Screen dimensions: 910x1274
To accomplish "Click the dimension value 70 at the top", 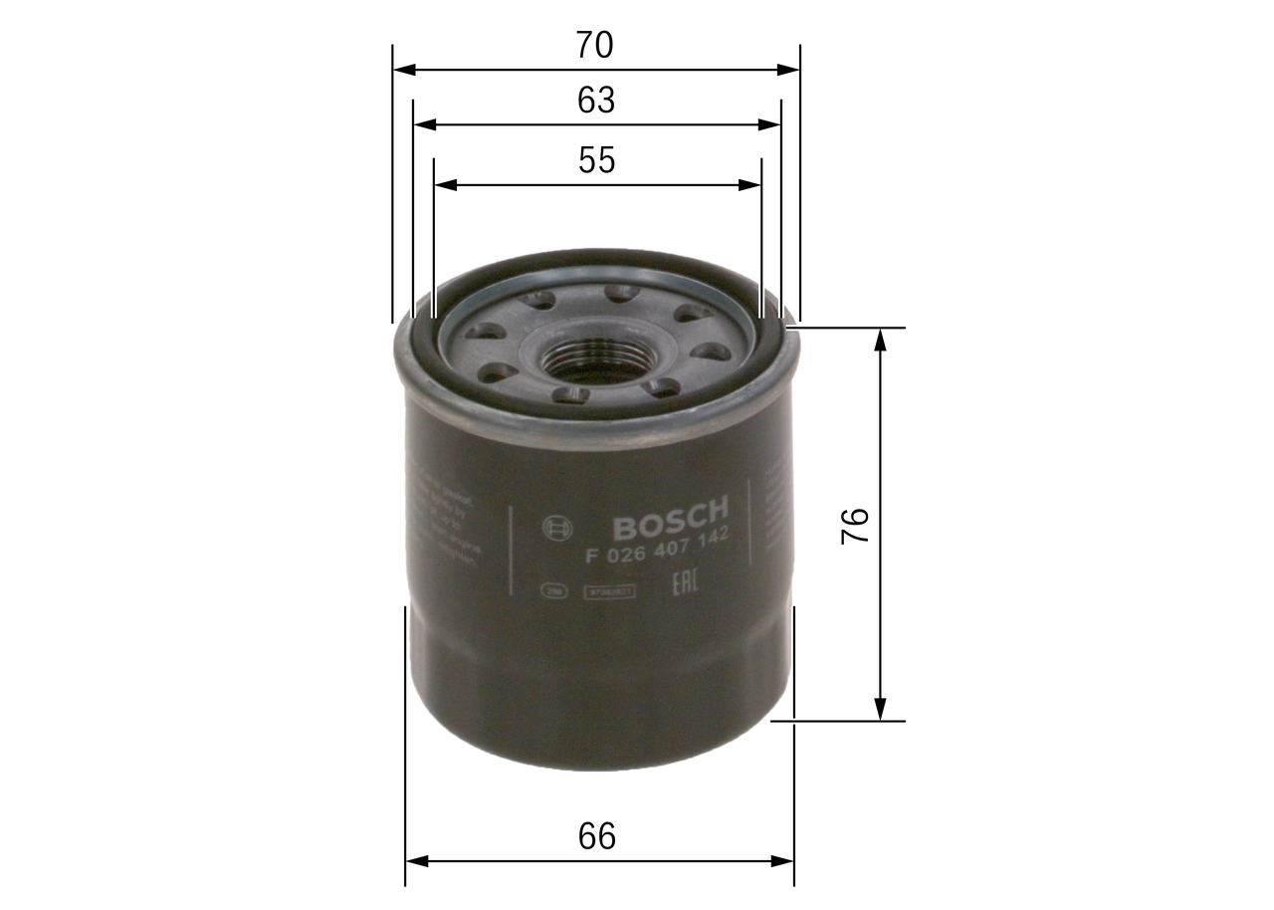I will (x=595, y=45).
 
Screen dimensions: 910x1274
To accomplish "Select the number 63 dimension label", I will (x=596, y=101).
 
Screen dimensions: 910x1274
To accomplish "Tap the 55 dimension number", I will (x=597, y=160).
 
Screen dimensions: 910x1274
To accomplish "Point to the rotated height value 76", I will (x=856, y=525).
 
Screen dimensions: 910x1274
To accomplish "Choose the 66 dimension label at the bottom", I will (x=597, y=836).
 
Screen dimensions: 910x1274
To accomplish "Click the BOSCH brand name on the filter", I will (x=670, y=516).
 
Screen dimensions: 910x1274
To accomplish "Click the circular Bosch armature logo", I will (x=556, y=528).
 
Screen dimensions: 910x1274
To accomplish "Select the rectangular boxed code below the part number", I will (x=609, y=590).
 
